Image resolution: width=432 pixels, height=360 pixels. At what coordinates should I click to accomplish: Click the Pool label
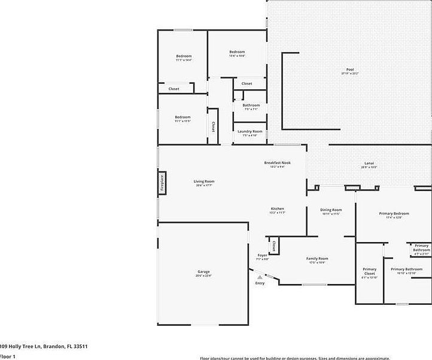(x=350, y=69)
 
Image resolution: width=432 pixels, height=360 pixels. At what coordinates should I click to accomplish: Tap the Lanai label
(x=370, y=164)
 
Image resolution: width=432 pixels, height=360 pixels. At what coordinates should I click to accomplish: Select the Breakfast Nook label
(x=277, y=163)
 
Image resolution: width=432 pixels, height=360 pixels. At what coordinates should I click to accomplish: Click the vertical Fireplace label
(x=162, y=183)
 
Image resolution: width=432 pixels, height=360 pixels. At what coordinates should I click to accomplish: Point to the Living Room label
(x=203, y=181)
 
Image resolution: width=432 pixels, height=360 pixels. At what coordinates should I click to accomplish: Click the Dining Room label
(x=331, y=210)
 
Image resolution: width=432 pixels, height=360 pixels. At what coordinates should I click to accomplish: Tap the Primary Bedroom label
(x=394, y=213)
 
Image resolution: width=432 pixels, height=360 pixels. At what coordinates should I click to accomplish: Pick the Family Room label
(x=317, y=259)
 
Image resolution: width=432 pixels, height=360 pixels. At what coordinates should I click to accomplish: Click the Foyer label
(x=262, y=255)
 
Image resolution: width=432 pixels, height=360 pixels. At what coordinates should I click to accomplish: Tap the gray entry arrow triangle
(x=260, y=277)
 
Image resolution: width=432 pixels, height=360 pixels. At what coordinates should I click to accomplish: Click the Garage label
(x=203, y=272)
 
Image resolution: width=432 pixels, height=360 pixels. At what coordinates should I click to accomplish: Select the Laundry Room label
(x=250, y=131)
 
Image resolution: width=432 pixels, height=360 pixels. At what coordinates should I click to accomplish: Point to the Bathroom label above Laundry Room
(x=251, y=105)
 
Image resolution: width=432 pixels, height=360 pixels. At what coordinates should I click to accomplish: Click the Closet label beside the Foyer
(x=273, y=246)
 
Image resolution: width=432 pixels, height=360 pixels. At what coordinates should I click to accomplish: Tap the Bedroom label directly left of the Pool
(x=237, y=52)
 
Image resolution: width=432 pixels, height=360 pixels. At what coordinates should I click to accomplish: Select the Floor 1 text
(x=7, y=356)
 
